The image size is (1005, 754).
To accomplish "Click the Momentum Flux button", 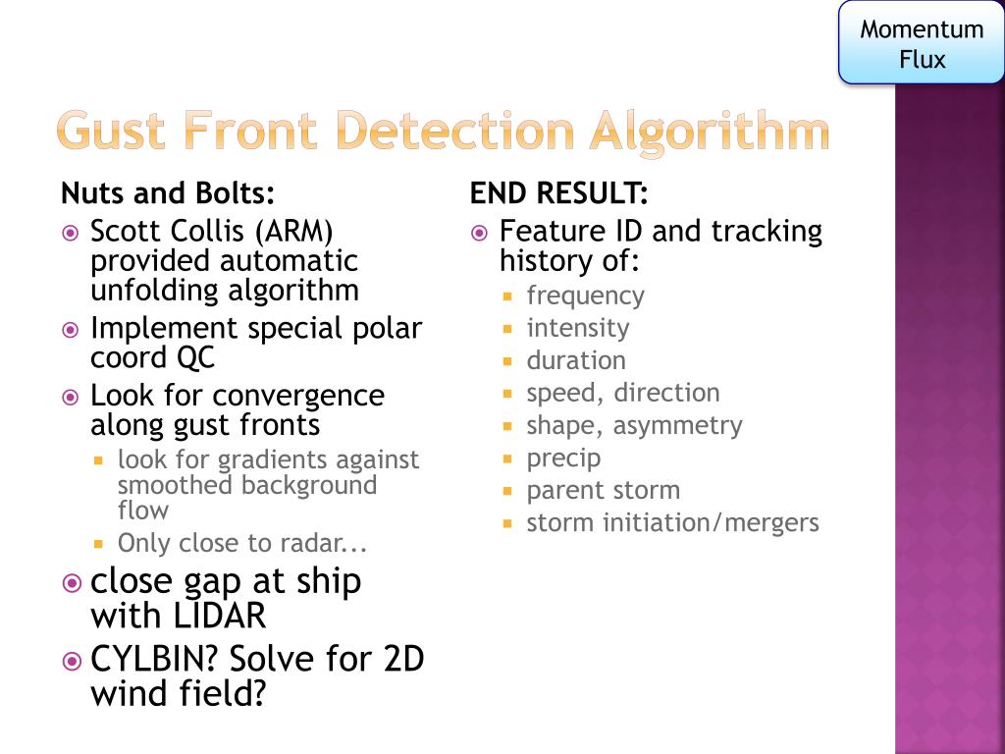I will click(x=921, y=44).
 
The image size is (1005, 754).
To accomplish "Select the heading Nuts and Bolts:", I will click(x=168, y=192).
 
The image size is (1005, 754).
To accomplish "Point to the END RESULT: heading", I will click(x=558, y=192).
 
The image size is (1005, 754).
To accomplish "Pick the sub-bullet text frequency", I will click(x=585, y=296).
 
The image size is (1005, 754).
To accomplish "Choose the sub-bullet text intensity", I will click(x=578, y=328).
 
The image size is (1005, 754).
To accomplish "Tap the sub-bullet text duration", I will click(x=576, y=360).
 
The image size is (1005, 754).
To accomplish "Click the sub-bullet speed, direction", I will click(x=623, y=393).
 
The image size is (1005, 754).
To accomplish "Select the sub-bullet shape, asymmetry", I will click(x=634, y=425).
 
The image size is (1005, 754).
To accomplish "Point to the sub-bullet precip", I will click(x=563, y=458).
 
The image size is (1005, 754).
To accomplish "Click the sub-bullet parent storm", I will click(x=603, y=490).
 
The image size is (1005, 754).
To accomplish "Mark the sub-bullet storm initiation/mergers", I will click(x=672, y=522).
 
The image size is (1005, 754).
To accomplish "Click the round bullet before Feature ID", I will click(x=479, y=234).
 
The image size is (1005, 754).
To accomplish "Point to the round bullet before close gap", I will click(x=71, y=583).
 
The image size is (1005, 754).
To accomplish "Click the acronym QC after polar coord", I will click(x=195, y=358).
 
